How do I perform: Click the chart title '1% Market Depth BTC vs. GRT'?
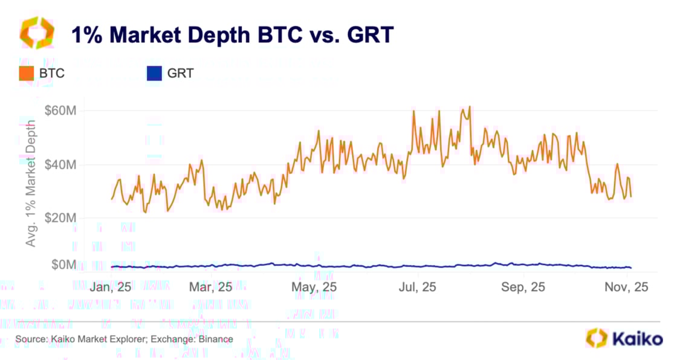point(232,36)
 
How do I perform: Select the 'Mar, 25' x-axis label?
point(210,287)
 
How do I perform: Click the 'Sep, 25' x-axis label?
point(523,287)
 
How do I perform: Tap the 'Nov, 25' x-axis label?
point(627,287)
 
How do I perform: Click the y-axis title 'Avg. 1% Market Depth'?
point(31,182)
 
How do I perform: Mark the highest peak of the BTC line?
point(470,107)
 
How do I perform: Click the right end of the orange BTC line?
point(631,196)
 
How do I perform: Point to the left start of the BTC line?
point(112,199)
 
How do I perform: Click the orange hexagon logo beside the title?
point(37,33)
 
